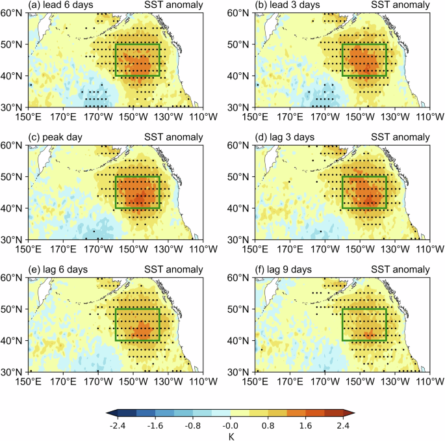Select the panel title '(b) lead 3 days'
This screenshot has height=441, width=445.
(x=284, y=6)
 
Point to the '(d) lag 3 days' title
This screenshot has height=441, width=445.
(x=281, y=138)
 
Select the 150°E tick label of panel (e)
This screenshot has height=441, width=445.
(x=28, y=382)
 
